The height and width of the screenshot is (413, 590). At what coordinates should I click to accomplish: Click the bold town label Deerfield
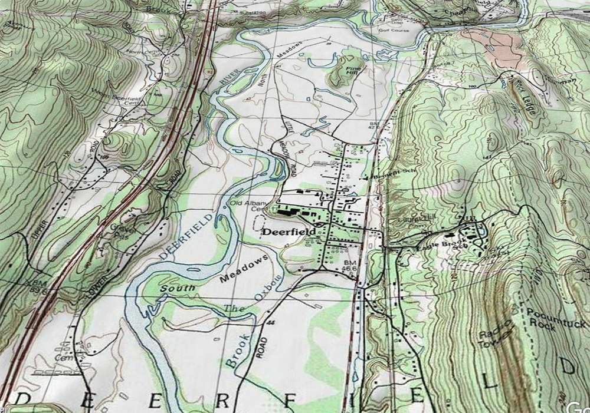[x=287, y=232]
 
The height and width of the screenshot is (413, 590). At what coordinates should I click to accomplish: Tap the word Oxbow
[x=268, y=288]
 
